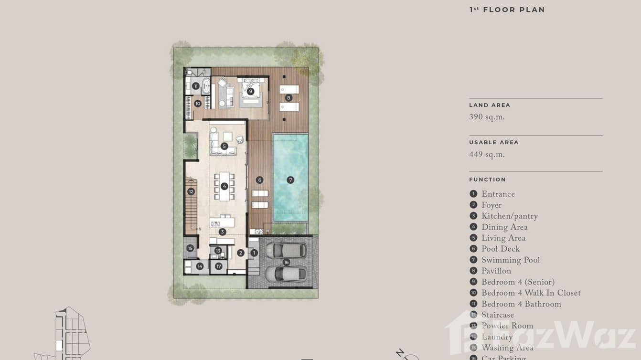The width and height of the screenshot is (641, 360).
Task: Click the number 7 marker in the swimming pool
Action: [290, 180]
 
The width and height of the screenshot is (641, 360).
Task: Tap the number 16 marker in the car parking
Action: [287, 262]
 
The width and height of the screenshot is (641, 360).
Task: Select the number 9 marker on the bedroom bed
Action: [250, 91]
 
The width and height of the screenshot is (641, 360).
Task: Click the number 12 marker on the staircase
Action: [191, 191]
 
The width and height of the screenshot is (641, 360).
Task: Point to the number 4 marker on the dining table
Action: [224, 186]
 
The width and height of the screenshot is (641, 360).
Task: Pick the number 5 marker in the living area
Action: [224, 146]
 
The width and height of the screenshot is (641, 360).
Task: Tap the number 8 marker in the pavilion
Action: [288, 98]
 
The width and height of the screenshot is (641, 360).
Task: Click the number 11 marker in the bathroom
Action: [196, 86]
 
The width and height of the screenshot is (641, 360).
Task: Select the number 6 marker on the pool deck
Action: [259, 180]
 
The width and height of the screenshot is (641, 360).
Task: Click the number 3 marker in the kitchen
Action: [222, 232]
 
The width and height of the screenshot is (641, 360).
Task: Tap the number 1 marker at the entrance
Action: [254, 253]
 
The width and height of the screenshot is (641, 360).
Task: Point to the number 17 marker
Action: [218, 266]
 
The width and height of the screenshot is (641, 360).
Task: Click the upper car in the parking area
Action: [286, 250]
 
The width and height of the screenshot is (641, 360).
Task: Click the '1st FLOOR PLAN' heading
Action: [507, 10]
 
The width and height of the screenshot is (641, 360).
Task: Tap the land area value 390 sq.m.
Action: [487, 117]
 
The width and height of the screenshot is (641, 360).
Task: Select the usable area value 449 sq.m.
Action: [487, 155]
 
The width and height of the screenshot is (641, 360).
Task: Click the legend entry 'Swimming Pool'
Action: [510, 260]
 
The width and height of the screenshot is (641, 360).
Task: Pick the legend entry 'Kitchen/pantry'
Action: [509, 216]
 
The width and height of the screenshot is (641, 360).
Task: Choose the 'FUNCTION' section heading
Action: [487, 180]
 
